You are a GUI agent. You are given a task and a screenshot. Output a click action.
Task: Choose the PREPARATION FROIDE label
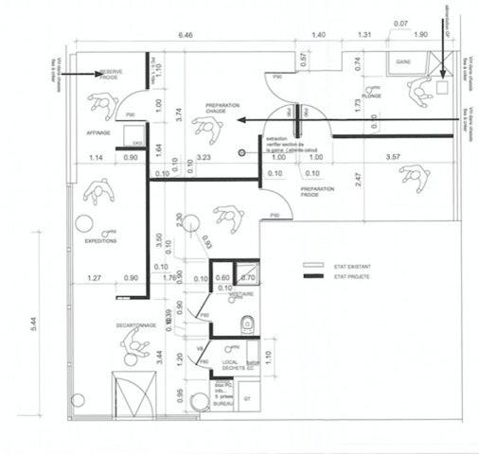coord(318,192)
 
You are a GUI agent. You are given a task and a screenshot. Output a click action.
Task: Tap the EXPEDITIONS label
coord(101,241)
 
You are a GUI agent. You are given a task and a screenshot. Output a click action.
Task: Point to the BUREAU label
coord(224,402)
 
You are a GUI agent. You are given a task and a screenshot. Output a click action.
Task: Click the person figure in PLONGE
coord(416,91)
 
